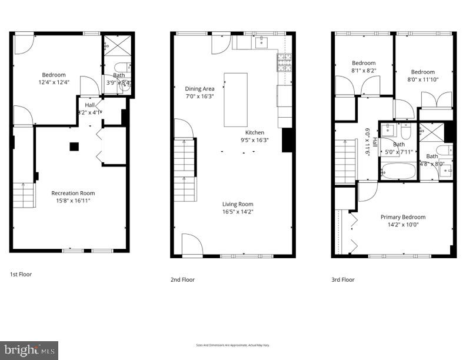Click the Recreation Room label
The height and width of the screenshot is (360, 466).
coord(73,193)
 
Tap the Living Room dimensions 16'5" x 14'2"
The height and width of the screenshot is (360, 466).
coord(238,212)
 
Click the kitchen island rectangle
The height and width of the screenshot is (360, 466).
coord(235,99)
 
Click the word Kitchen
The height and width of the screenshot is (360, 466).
coord(255,132)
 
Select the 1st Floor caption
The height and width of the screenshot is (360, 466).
coord(21,274)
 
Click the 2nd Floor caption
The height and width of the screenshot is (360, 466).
coord(182,279)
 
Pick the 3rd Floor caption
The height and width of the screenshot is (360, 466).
coord(343,279)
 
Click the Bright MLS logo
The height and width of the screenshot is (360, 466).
coord(29,350)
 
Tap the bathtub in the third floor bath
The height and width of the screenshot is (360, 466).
coord(398,171)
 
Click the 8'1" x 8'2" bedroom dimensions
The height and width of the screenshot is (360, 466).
coord(364,71)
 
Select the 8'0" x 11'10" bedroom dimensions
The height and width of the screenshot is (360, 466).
coord(422,79)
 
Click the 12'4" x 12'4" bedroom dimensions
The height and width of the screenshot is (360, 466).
coord(54,82)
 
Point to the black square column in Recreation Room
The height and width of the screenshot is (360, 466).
coord(74,146)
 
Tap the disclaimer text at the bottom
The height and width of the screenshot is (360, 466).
coord(232,345)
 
